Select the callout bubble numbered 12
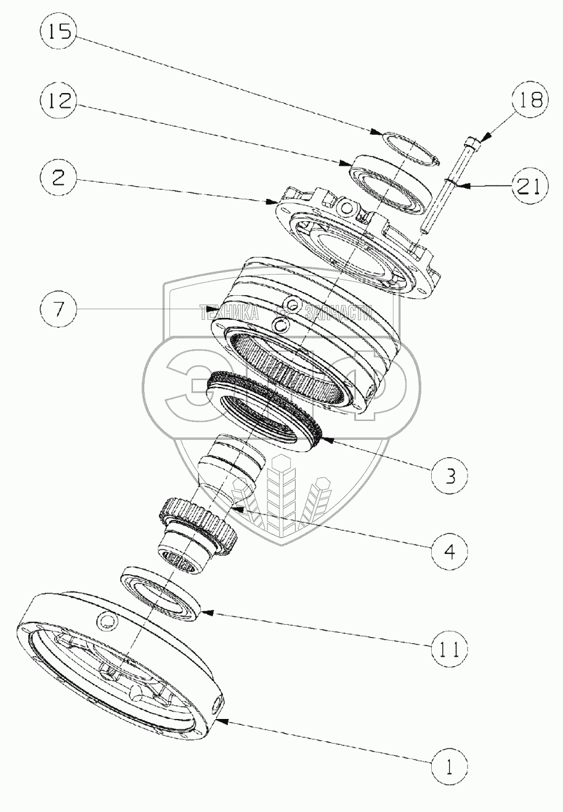[x=59, y=101]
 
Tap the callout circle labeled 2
[x=59, y=179]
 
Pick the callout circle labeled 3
[x=450, y=476]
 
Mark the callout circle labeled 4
[x=450, y=550]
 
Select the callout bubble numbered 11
[x=450, y=648]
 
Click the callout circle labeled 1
[x=450, y=766]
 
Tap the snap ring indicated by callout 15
[x=403, y=148]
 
